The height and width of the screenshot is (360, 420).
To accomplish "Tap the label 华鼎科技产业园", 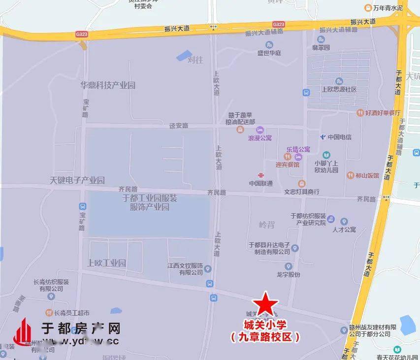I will point(108,85).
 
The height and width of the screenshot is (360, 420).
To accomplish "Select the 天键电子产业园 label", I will point(77,180).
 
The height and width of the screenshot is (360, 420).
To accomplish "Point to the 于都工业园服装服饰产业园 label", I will point(150,202).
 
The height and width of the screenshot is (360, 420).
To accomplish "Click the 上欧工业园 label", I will point(106,263).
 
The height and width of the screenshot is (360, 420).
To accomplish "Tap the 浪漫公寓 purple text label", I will point(260,138).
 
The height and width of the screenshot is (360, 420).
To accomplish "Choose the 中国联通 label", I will point(260,183).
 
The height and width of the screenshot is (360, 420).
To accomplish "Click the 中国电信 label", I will point(339,137).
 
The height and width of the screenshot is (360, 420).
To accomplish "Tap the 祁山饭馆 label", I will point(367,175).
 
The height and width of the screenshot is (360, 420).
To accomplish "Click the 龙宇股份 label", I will point(288,275).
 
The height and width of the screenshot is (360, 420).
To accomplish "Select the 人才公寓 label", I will point(344,229).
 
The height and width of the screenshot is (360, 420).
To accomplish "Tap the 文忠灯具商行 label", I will point(302,192).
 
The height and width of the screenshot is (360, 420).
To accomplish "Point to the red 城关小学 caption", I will point(265,326).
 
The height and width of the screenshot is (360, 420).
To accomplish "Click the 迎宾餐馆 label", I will point(288,164).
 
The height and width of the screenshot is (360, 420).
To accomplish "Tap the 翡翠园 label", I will point(321,48).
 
